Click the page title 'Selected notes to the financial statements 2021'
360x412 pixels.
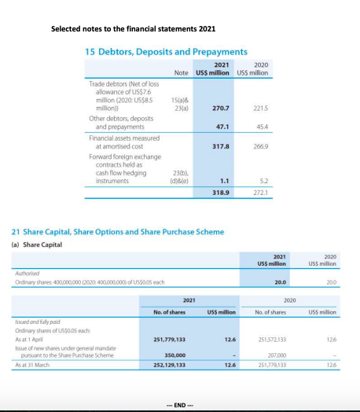tap(133, 29)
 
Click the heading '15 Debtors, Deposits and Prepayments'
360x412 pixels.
tap(166, 51)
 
